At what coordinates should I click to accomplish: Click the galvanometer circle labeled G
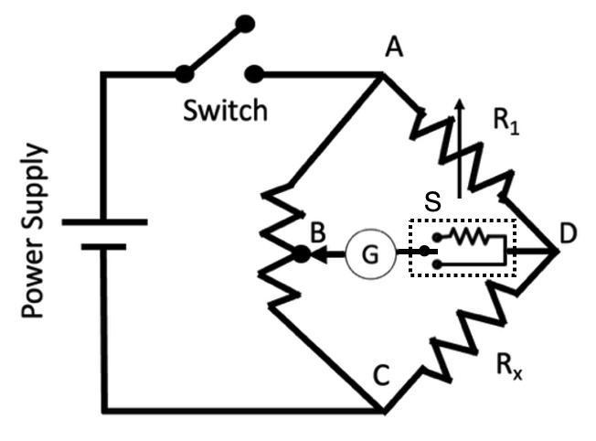[x=369, y=255]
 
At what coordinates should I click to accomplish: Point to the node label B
[x=317, y=233]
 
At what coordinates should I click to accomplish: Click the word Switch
[x=225, y=111]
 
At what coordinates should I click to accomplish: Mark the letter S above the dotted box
[x=435, y=202]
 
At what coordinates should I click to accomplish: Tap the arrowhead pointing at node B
[x=319, y=256]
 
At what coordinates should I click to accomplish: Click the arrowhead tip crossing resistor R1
[x=459, y=103]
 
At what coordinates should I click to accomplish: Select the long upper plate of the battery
[x=104, y=221]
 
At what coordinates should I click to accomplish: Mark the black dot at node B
[x=299, y=256]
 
